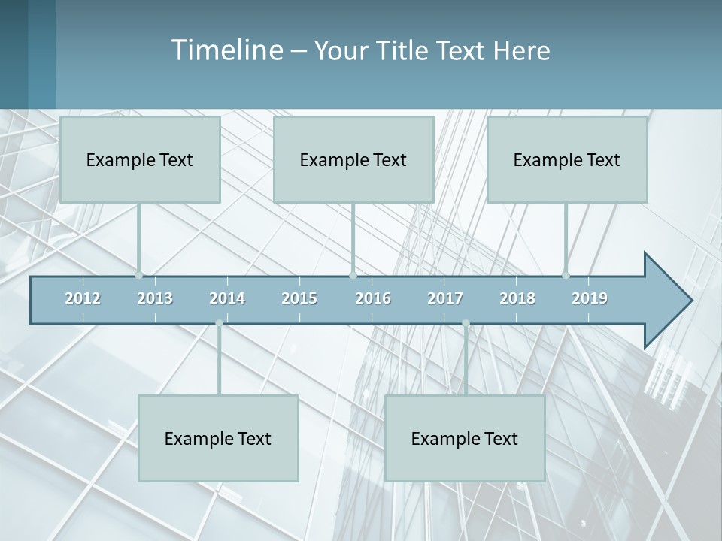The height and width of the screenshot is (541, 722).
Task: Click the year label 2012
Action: [x=83, y=298]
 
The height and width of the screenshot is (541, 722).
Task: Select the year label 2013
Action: [x=155, y=298]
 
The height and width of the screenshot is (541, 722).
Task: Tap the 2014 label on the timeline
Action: [x=227, y=298]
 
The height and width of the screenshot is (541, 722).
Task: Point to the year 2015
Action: [x=299, y=298]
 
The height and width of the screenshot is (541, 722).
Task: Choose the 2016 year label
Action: [x=373, y=298]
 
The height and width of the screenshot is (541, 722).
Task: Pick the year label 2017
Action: [x=445, y=298]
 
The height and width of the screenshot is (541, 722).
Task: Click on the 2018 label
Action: [x=517, y=298]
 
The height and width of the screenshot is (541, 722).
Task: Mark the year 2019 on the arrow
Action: [x=590, y=298]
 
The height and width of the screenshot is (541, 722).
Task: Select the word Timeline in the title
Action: [x=226, y=50]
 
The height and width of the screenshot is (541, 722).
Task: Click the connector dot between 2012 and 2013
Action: [x=138, y=275]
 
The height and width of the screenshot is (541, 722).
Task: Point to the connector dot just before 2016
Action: [x=353, y=275]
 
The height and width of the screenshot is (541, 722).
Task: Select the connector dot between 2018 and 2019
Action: [x=566, y=275]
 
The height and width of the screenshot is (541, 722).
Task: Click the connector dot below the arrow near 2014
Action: [x=219, y=323]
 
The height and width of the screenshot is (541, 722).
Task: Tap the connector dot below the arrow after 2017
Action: [x=466, y=323]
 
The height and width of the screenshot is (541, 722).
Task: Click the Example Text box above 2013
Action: [x=140, y=159]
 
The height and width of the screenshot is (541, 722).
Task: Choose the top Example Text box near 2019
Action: [x=567, y=159]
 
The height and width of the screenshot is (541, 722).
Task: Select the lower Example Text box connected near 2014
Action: [x=218, y=438]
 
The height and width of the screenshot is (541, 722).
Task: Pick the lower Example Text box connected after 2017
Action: [x=465, y=438]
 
